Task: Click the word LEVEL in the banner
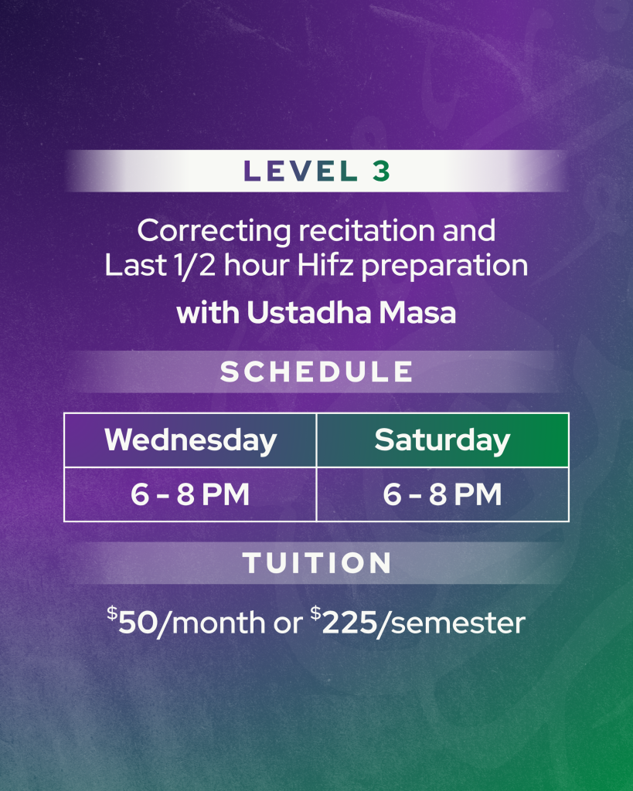coord(301,171)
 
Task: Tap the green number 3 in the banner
coord(382,171)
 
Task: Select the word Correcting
coord(214,232)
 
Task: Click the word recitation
coord(366,230)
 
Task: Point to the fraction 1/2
coord(194,266)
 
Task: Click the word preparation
coord(444,266)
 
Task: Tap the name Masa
coord(417,313)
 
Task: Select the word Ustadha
coord(309,313)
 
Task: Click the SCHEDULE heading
coord(317,372)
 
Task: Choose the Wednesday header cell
coord(190,440)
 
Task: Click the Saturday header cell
coord(443,440)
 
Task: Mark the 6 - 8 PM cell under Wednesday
coord(190,494)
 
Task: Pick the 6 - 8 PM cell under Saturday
coord(443,494)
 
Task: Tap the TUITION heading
coord(317,563)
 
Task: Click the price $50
coord(132,621)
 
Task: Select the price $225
coord(344,621)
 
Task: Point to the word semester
coord(458,623)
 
